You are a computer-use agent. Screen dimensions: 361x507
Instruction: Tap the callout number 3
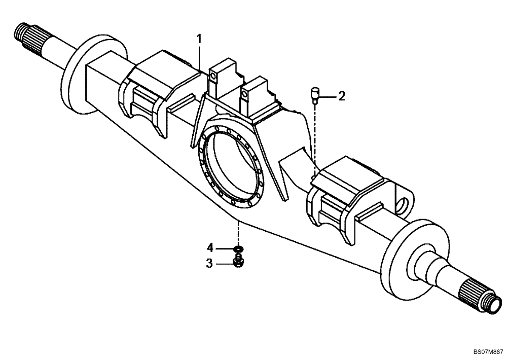(x=208, y=263)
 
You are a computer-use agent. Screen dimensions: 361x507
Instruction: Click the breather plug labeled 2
(x=315, y=94)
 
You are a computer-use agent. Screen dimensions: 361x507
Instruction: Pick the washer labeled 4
(x=237, y=249)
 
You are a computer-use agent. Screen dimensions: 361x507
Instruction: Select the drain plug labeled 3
(x=237, y=262)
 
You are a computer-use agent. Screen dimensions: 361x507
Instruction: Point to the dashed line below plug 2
(x=315, y=137)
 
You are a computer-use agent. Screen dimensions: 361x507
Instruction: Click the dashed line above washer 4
(x=237, y=233)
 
